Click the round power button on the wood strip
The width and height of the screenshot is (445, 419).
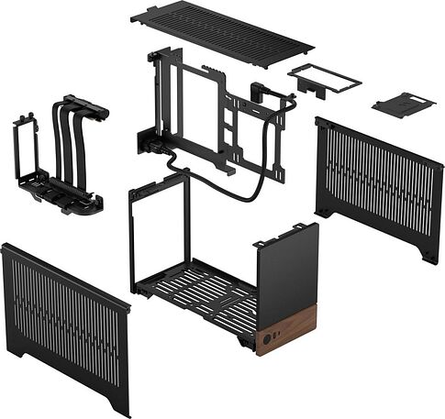tap(267, 337)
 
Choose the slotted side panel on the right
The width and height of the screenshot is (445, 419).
tap(379, 188)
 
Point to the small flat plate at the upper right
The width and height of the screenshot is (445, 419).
tap(403, 104)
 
